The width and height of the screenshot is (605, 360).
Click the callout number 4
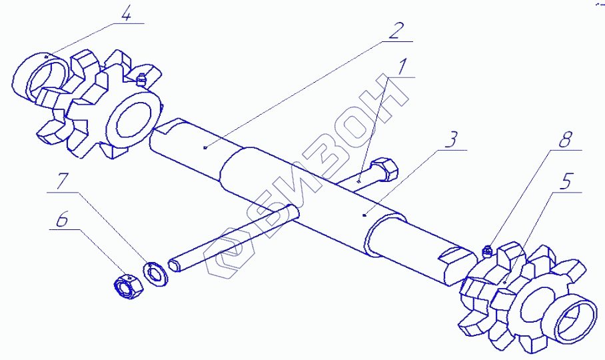coord(126,13)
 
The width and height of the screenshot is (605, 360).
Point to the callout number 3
coord(451,140)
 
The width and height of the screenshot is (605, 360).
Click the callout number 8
coord(566,141)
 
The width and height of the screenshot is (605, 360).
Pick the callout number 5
coord(566,181)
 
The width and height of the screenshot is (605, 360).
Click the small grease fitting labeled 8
coord(486,251)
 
